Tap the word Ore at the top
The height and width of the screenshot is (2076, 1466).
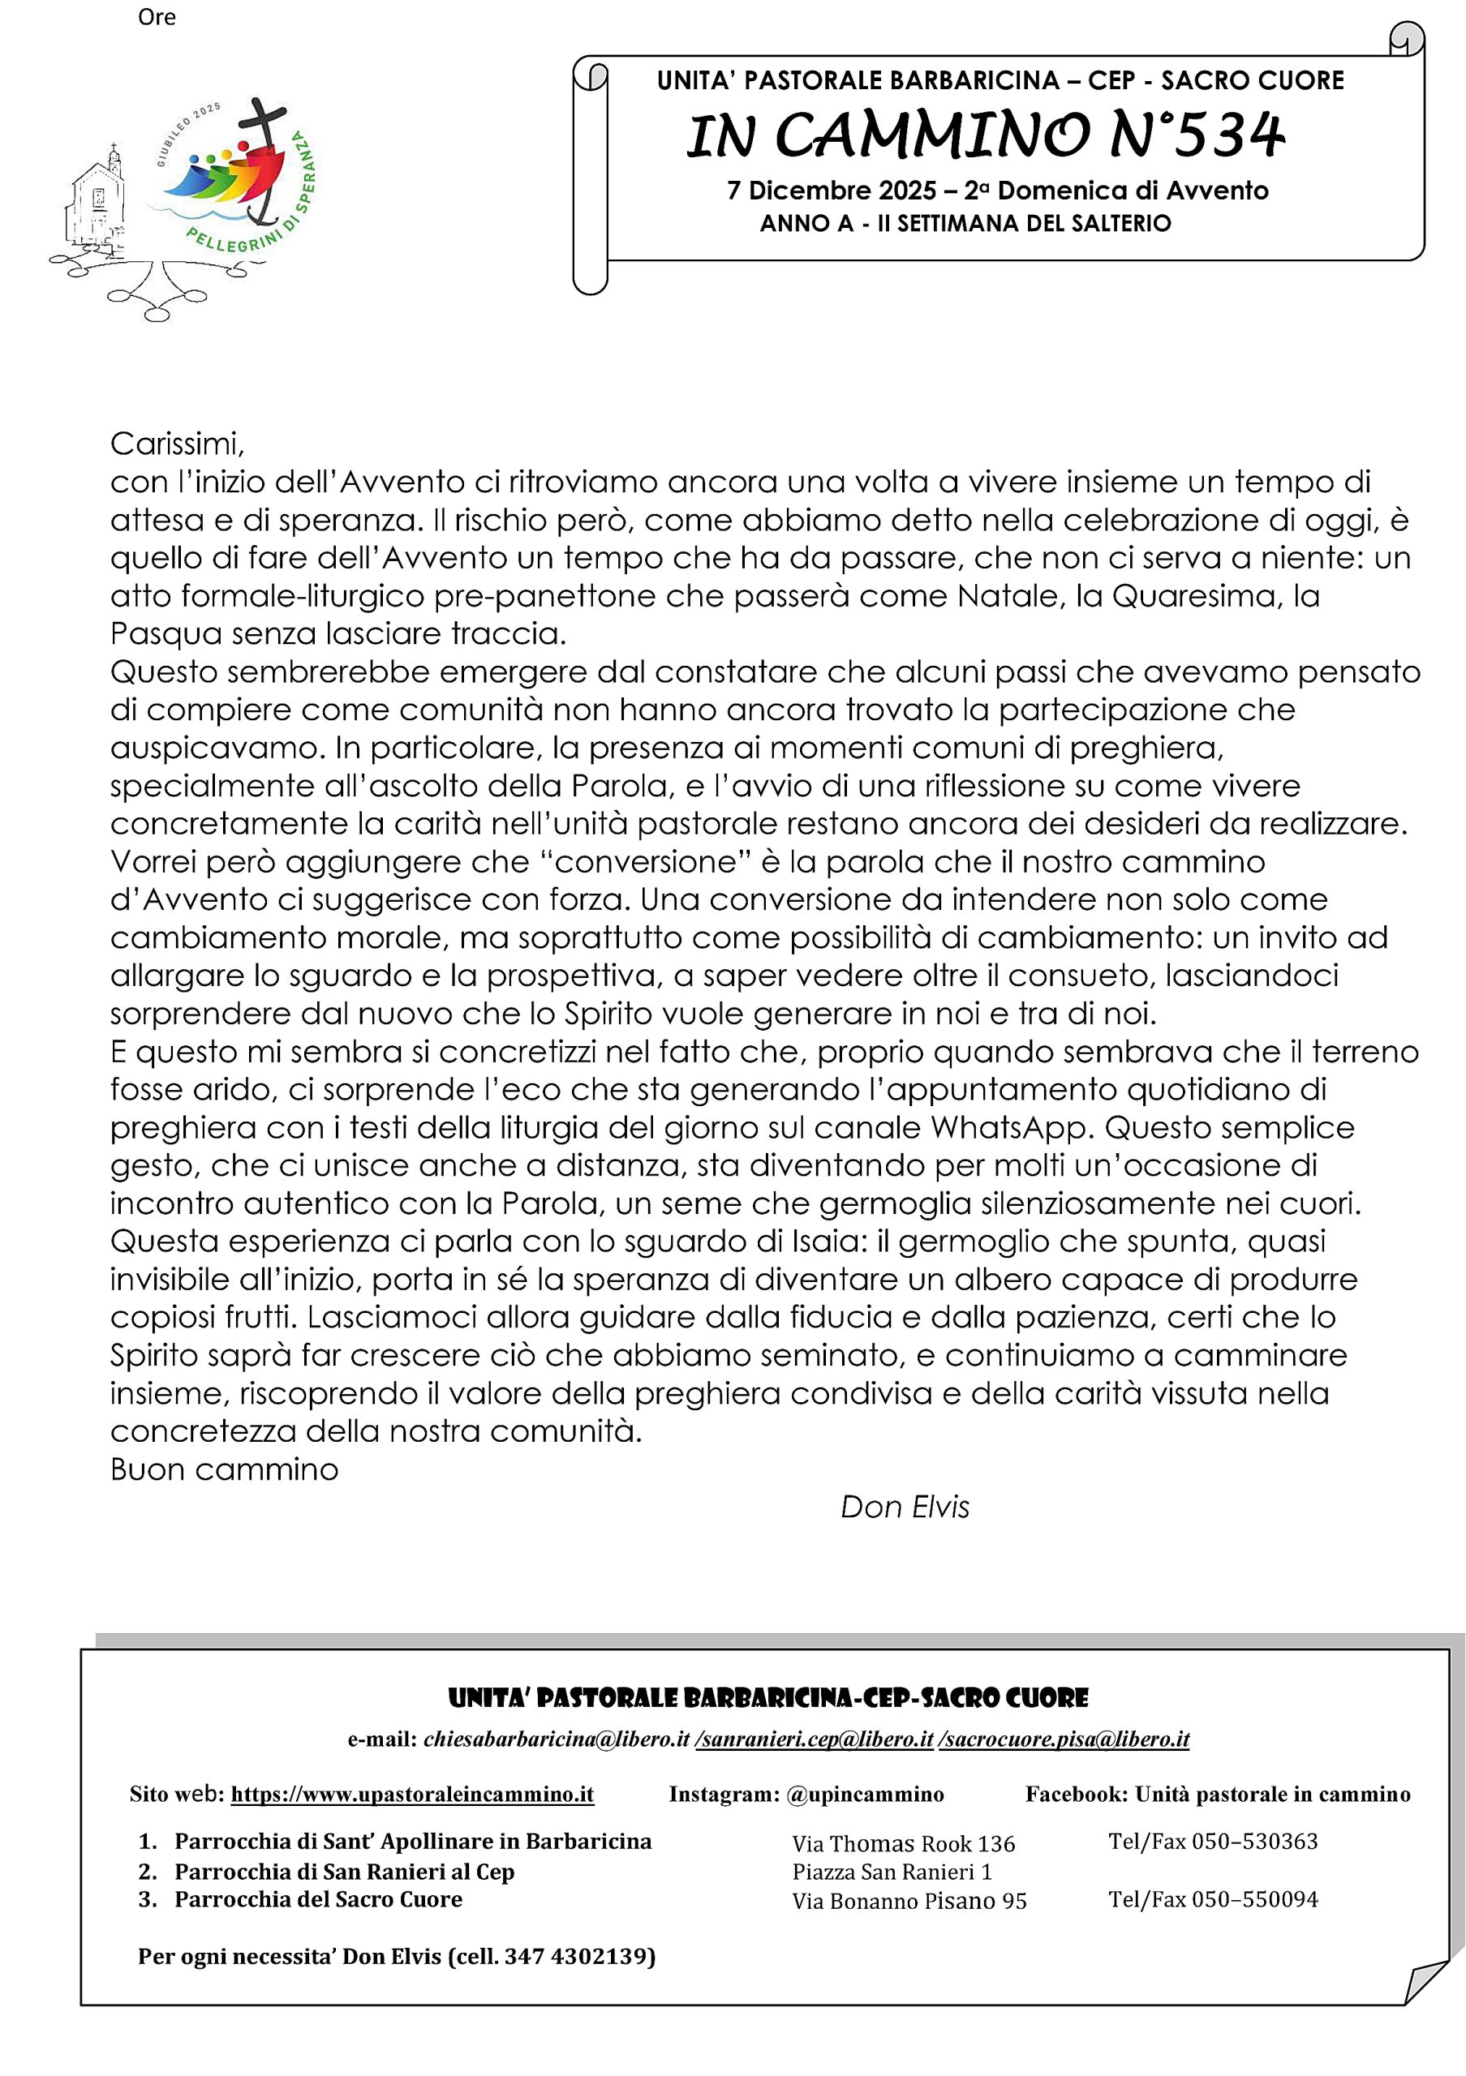(x=157, y=17)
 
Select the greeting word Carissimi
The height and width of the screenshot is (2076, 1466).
(x=177, y=444)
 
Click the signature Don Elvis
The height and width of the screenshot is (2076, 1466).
(x=905, y=1508)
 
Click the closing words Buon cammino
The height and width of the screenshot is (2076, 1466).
(x=224, y=1469)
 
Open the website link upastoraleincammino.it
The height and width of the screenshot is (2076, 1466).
(x=412, y=1794)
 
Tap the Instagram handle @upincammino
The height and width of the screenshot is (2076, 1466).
(x=865, y=1794)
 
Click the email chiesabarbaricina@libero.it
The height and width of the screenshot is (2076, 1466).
(x=557, y=1739)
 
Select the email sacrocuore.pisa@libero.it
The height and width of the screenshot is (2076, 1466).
(x=1064, y=1739)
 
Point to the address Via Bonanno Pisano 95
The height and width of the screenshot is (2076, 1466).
(x=909, y=1902)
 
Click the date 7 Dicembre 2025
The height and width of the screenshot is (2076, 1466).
(x=831, y=191)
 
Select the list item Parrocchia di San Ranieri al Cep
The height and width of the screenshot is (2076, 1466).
(x=345, y=1872)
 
